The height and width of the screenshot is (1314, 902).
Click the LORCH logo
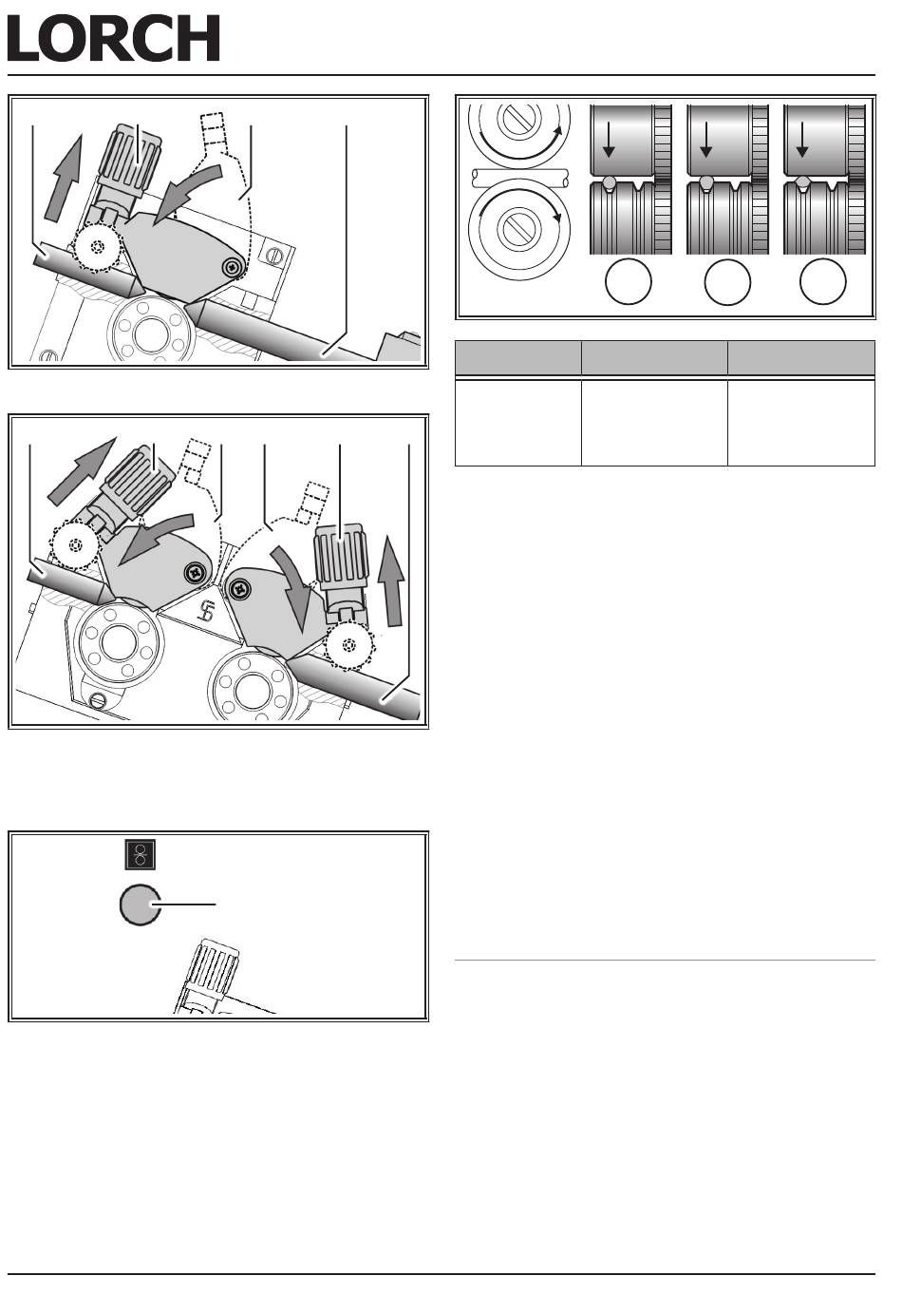(x=114, y=38)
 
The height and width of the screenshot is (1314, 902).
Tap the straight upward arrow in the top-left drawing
(x=63, y=179)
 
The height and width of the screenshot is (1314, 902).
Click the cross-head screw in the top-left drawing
(x=234, y=268)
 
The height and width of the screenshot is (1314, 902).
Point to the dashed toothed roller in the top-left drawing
(x=97, y=246)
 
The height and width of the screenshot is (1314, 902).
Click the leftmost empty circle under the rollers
(x=628, y=281)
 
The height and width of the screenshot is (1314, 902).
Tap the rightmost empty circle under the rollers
(x=823, y=281)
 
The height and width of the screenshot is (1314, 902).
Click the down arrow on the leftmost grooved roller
(x=609, y=139)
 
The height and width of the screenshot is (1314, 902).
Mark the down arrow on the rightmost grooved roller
(x=802, y=139)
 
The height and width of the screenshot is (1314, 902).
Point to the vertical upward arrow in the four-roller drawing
(x=391, y=581)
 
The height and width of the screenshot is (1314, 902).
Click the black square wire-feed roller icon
(x=141, y=854)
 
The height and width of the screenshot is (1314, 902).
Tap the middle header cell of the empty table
(x=654, y=357)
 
